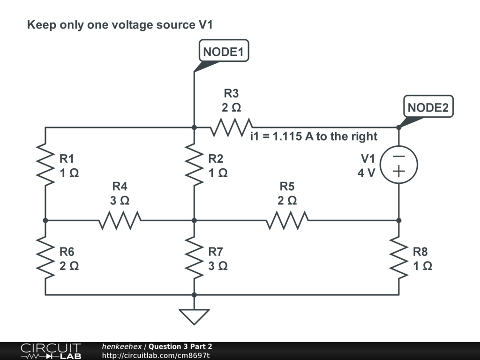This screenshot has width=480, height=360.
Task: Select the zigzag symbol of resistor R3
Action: coord(232,127)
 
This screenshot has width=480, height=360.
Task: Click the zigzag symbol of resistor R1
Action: coord(45,165)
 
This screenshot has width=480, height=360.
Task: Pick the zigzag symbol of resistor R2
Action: coord(194,165)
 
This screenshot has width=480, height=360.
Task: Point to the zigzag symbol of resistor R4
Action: coord(120,220)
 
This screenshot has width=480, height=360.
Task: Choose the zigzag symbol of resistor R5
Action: coord(287,220)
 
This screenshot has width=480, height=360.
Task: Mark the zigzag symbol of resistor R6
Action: coord(45,257)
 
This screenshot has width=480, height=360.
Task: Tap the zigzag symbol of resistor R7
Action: coord(194,257)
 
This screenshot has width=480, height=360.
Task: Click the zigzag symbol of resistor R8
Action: coord(398,257)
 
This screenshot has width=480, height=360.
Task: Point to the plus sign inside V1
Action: coord(398,172)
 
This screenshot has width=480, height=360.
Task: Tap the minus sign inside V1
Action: coord(398,157)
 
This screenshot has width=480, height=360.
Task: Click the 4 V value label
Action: coord(366,173)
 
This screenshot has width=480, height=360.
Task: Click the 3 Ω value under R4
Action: coord(120,201)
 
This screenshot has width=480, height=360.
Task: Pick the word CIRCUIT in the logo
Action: coord(51,348)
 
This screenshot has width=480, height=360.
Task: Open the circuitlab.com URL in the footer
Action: coord(156,355)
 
